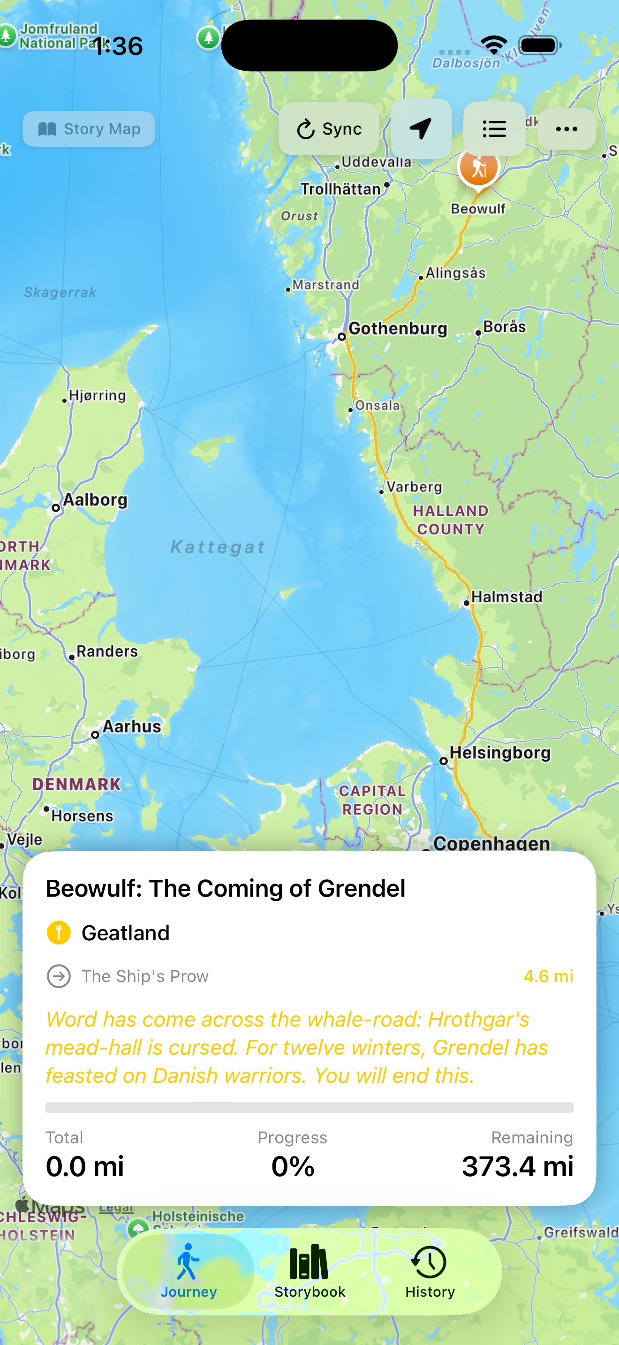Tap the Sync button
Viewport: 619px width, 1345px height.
(329, 129)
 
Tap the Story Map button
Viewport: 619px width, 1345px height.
(89, 129)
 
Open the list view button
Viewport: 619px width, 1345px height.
(494, 129)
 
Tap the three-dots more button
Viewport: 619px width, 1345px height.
(566, 129)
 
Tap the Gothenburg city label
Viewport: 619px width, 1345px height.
(398, 328)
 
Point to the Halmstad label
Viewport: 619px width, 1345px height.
(506, 597)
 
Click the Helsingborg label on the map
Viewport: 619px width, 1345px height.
(500, 752)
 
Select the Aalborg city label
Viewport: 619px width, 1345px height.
(95, 499)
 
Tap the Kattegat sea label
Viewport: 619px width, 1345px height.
(218, 547)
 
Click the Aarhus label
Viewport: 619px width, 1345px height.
(131, 726)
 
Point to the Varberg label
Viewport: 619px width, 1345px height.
(414, 487)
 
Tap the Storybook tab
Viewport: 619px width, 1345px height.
(309, 1271)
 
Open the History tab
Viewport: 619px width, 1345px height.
(430, 1271)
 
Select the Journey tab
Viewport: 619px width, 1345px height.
(189, 1271)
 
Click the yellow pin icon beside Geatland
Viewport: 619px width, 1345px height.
(59, 932)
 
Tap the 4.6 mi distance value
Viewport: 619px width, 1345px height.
(548, 976)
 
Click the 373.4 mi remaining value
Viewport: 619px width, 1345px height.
(517, 1166)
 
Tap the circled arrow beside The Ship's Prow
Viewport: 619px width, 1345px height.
(59, 976)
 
